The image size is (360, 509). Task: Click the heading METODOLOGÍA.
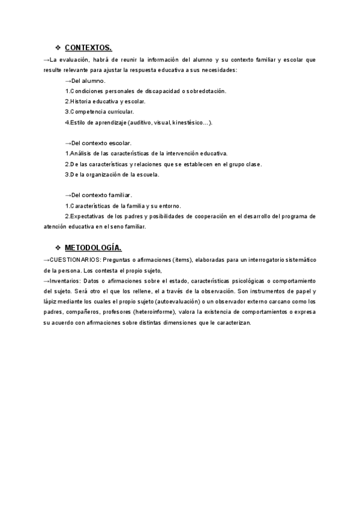pos(93,247)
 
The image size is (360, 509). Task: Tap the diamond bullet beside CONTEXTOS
pos(58,48)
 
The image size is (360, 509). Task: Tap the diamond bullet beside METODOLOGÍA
pos(58,247)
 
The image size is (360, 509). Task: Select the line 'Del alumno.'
pos(87,81)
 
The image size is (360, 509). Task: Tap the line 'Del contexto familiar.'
pos(100,195)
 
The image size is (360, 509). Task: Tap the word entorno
pos(166,206)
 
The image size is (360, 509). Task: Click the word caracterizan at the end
pos(232,322)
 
